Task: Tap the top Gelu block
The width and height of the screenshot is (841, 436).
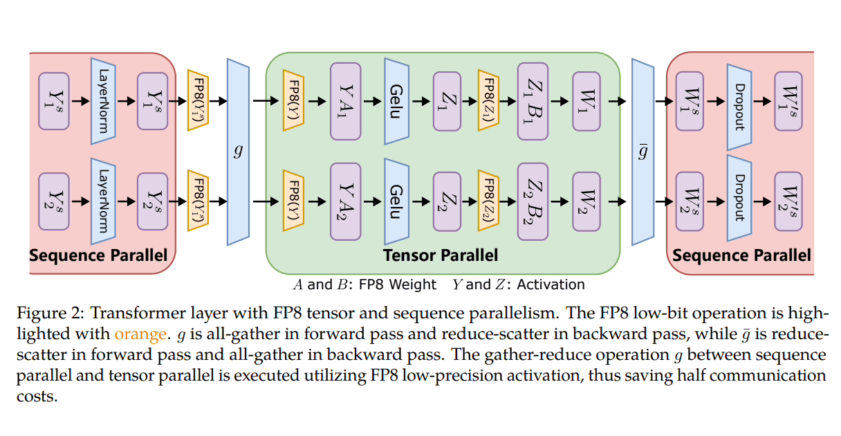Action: point(395,101)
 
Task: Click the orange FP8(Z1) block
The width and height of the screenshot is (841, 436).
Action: point(488,101)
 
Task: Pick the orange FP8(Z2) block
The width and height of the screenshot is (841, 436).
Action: point(488,201)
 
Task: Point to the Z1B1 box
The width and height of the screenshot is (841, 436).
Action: point(533,101)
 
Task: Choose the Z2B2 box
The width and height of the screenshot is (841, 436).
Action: point(533,201)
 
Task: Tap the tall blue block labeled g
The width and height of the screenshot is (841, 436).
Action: point(238,151)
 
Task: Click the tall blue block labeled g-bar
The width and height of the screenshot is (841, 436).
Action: point(643,151)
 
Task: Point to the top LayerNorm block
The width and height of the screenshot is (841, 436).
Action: point(102,101)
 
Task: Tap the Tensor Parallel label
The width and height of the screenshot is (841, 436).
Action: point(441,256)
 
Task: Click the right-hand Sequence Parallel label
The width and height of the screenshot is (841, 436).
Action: point(741,256)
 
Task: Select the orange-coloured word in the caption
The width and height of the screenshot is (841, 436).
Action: point(141,334)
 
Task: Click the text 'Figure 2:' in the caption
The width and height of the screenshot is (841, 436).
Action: point(58,314)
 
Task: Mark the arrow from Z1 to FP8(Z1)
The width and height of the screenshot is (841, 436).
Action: point(469,101)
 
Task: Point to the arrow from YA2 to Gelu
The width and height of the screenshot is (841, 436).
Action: point(374,201)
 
